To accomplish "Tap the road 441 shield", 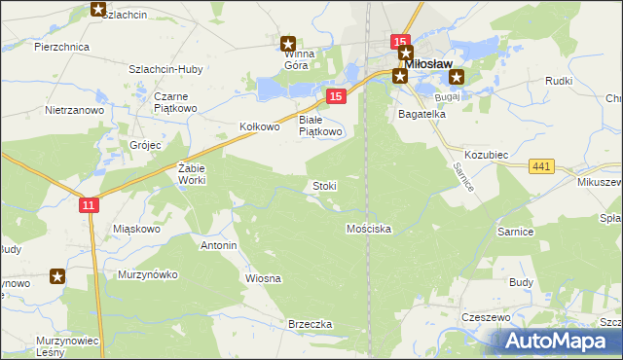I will click(542, 167).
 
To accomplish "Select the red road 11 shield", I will click(89, 205).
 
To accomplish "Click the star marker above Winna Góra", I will click(288, 44).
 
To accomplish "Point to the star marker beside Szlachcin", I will click(97, 10).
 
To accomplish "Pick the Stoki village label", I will click(324, 185).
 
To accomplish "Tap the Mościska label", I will click(369, 229).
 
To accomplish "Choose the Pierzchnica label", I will click(61, 47).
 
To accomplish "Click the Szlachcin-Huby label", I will click(165, 69).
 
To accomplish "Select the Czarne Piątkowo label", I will click(177, 102).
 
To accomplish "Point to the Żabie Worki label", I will click(191, 174).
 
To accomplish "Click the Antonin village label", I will click(218, 245).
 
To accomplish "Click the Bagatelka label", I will click(421, 114).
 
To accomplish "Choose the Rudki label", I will click(559, 81).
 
